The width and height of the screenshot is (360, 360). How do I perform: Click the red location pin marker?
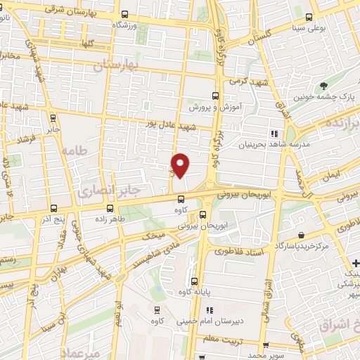181,165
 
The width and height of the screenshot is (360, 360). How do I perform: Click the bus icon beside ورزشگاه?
124,15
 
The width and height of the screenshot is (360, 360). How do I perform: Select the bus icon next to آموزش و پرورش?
216,96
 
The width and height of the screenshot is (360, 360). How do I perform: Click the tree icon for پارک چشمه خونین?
323,86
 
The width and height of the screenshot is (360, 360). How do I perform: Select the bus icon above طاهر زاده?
110,208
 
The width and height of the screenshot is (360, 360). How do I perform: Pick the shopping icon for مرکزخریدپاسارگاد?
301,236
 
